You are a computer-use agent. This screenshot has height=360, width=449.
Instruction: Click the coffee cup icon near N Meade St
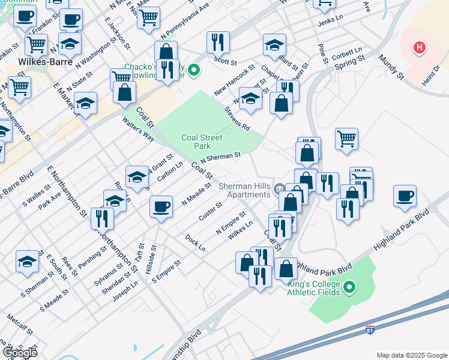pos(161,206)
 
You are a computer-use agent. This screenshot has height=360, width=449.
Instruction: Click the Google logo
pos(20,352)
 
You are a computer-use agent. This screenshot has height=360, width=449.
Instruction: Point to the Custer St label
pos(211,211)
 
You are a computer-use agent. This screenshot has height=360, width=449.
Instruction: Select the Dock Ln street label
pos(195,243)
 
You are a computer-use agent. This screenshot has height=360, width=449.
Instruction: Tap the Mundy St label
pos(391,67)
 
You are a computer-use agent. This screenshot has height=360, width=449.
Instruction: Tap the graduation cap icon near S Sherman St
pos(26,262)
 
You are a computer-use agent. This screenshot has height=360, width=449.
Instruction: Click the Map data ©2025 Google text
pos(411,355)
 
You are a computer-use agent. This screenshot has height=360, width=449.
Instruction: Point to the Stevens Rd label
pos(237,119)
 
